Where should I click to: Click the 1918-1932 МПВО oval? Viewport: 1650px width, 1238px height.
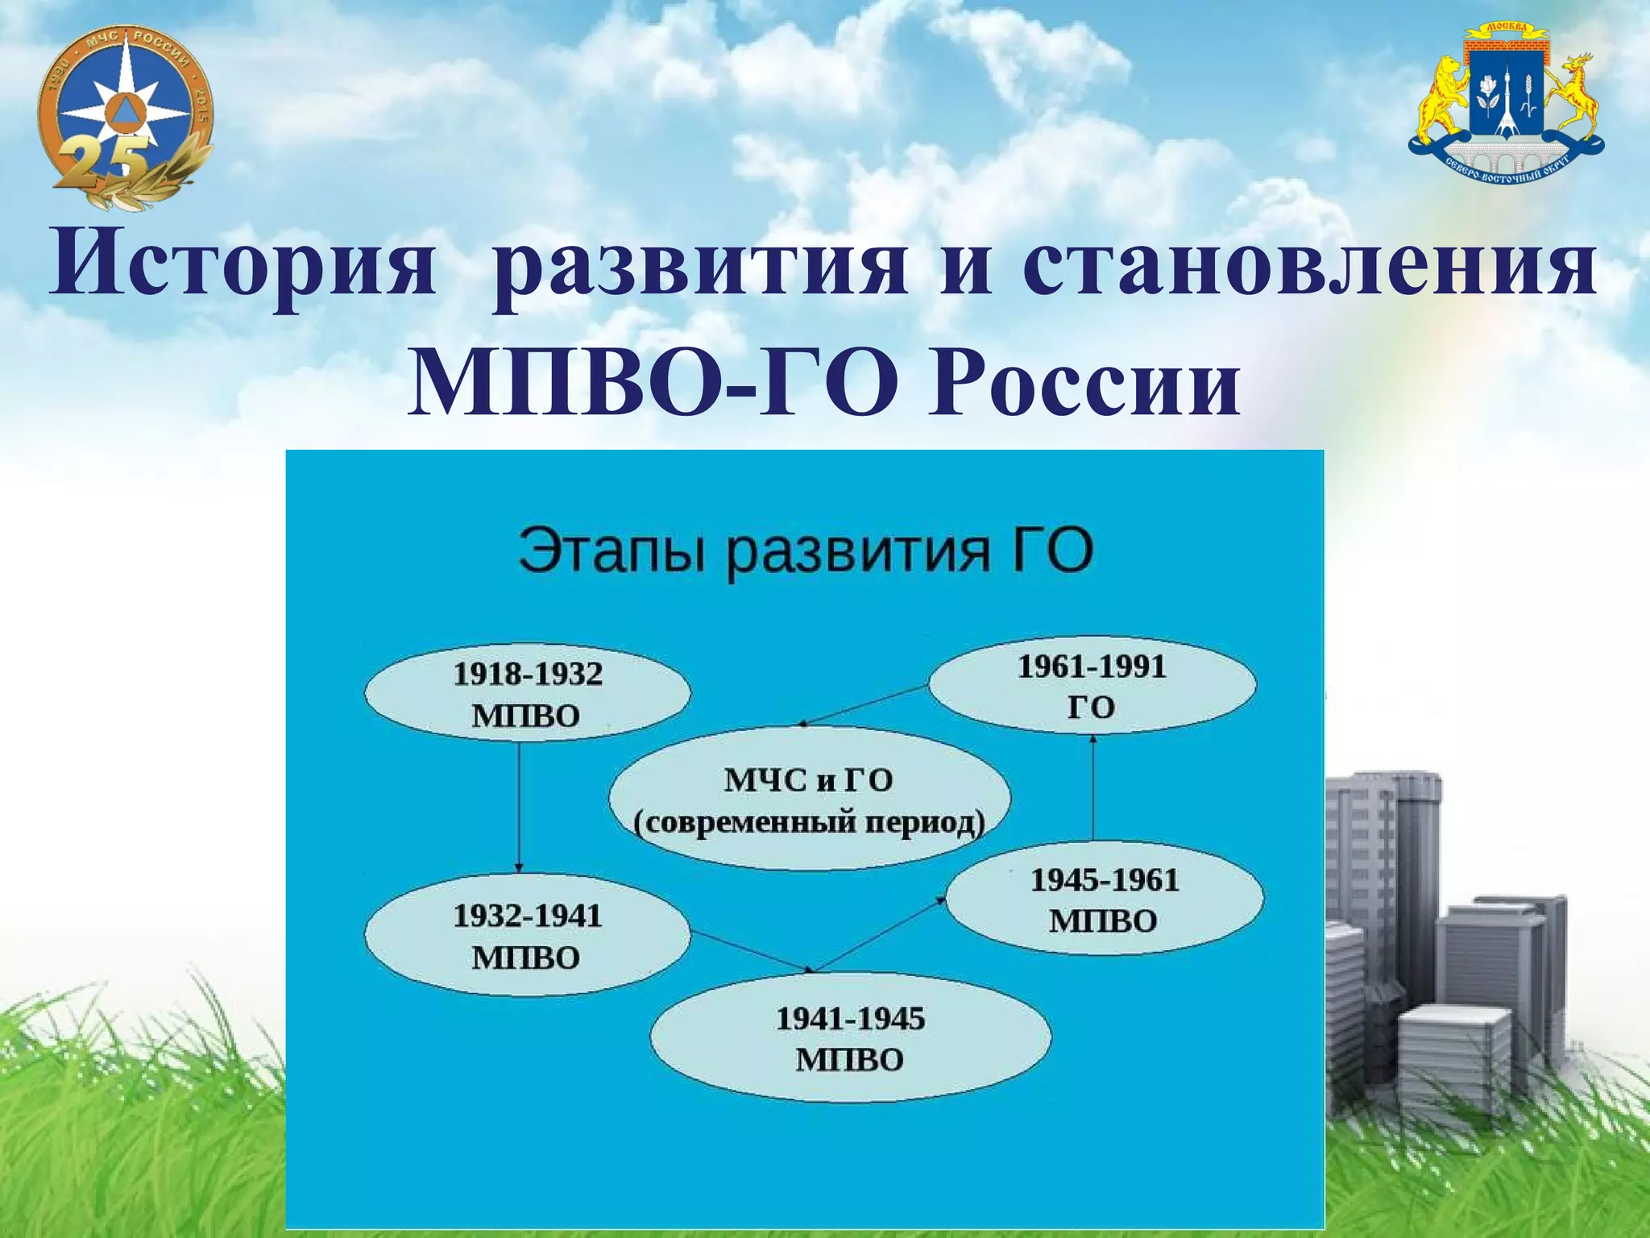point(528,693)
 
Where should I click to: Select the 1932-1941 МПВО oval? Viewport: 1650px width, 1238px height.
point(528,935)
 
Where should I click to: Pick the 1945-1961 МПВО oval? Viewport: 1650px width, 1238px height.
point(1104,899)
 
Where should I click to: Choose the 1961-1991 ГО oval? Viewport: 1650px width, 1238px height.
point(1092,686)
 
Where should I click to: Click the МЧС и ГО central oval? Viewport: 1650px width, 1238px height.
point(809,799)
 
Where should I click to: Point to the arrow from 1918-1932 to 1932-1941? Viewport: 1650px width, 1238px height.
point(519,806)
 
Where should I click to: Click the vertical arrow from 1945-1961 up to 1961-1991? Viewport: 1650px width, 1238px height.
point(1092,790)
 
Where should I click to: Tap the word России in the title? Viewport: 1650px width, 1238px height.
point(1084,387)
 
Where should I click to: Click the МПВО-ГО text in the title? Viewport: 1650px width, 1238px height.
point(653,387)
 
